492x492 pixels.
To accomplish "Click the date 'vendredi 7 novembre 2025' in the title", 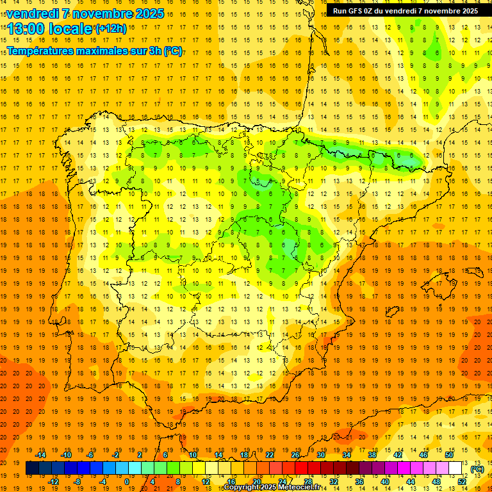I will pyautogui.click(x=85, y=13).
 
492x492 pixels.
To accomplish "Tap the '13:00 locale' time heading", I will pyautogui.click(x=50, y=28).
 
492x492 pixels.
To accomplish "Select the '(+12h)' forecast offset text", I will pyautogui.click(x=111, y=29).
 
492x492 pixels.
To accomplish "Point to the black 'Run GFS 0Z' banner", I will pyautogui.click(x=405, y=11).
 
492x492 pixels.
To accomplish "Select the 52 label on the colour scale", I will pyautogui.click(x=462, y=481).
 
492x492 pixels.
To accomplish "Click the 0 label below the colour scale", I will pyautogui.click(x=127, y=481).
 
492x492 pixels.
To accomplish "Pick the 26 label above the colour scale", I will pyautogui.click(x=295, y=455).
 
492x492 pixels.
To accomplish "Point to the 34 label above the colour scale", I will pyautogui.click(x=347, y=455).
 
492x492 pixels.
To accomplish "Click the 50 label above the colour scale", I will pyautogui.click(x=449, y=455).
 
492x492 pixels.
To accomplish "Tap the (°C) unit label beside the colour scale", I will pyautogui.click(x=477, y=469).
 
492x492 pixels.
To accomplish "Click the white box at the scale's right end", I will pyautogui.click(x=455, y=468).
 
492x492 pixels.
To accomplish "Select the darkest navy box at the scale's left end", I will pyautogui.click(x=32, y=468).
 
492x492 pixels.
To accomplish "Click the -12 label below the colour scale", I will pyautogui.click(x=53, y=481).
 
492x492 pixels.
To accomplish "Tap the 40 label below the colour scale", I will pyautogui.click(x=385, y=481).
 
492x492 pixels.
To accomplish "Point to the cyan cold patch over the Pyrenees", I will pyautogui.click(x=349, y=151).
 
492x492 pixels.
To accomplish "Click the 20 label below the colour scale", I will pyautogui.click(x=257, y=481).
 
